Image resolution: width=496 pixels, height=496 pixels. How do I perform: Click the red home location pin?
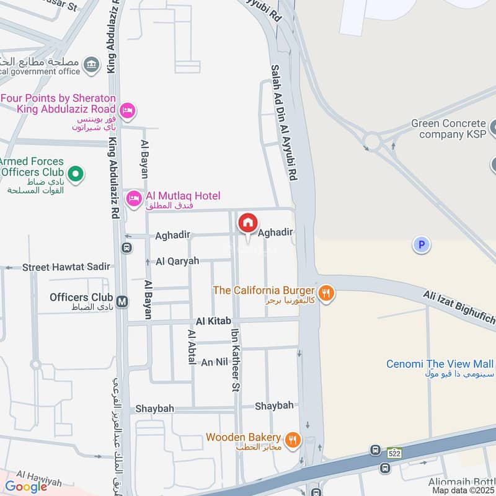coord(248,223)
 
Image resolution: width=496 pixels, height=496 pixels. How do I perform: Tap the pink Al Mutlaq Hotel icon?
coord(132,198)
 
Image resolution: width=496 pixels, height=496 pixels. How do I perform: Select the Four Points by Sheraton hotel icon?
coord(127,110)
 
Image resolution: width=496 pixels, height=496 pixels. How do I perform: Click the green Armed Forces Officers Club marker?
coord(76,174)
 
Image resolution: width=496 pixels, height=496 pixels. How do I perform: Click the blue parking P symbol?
coord(422,245)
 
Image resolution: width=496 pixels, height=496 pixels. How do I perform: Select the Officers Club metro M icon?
coord(123,302)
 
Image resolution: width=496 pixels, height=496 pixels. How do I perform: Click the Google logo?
coord(26,487)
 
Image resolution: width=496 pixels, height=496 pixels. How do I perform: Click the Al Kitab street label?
coord(213,321)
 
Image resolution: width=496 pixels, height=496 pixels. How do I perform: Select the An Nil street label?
coord(215,362)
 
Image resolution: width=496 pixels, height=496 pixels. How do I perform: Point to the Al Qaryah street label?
coord(178,261)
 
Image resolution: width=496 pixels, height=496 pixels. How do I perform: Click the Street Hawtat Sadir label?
coord(66,267)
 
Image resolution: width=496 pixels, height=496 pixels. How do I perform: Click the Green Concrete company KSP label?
coord(450,129)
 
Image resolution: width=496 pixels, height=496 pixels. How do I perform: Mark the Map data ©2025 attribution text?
coord(463,490)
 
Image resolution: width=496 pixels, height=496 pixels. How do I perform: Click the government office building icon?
coord(92,63)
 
